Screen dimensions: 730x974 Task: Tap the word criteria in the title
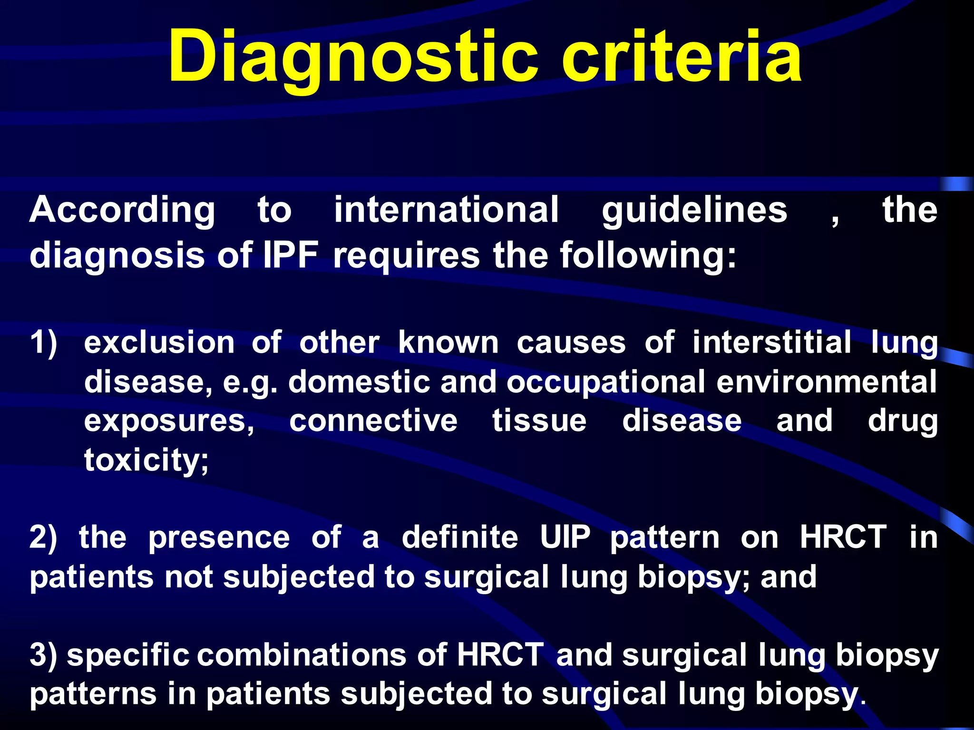682,57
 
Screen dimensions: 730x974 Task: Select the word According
122,210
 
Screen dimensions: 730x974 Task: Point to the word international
446,210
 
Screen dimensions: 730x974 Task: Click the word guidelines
694,210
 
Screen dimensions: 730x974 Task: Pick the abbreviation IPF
291,255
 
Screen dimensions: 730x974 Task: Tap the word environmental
827,382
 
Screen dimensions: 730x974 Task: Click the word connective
373,421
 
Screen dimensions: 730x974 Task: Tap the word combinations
302,654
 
